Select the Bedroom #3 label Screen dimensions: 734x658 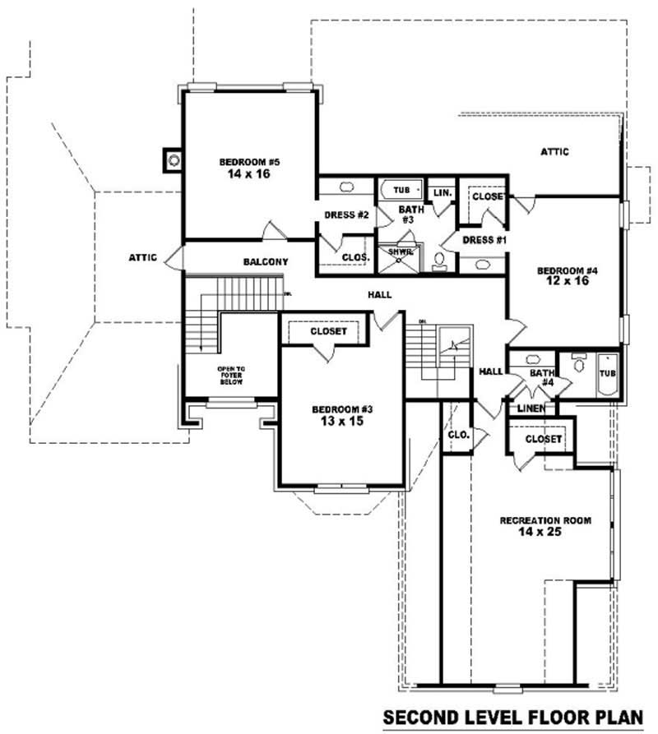pos(338,409)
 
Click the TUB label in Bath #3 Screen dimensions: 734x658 pos(401,190)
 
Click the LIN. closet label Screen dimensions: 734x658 pos(442,192)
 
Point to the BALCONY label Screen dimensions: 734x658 pos(265,262)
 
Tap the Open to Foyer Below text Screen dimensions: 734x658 pos(231,376)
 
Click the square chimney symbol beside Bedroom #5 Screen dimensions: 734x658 pos(173,159)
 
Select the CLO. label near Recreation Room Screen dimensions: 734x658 pos(457,434)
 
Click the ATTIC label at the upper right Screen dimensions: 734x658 pos(555,151)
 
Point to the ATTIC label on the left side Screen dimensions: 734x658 pos(142,257)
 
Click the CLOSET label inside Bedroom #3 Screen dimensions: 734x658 pos(328,331)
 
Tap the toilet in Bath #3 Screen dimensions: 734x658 pos(439,261)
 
